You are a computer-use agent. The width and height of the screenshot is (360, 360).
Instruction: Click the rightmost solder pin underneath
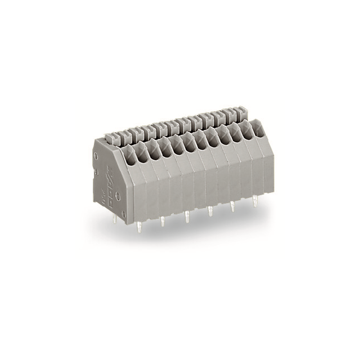tap(255, 201)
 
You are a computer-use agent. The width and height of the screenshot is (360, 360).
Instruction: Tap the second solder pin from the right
tap(232, 206)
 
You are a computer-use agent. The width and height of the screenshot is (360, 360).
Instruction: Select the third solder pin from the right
tap(210, 210)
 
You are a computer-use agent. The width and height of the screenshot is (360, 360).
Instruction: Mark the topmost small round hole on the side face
tap(96, 155)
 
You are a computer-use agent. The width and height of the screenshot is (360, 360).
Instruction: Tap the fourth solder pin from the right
tap(187, 215)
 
